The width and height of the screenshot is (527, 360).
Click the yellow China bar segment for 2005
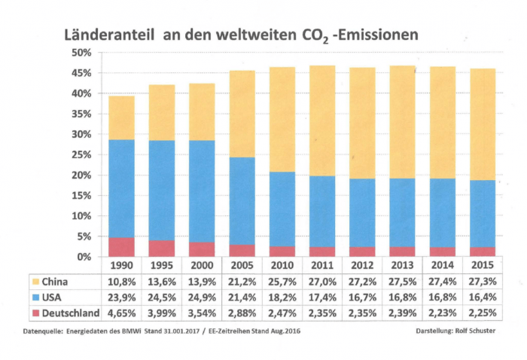click(x=242, y=114)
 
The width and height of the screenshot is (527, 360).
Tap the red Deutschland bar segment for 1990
click(x=120, y=247)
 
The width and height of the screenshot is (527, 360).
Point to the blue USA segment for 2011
click(x=322, y=211)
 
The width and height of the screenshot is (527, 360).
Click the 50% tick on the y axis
click(x=81, y=53)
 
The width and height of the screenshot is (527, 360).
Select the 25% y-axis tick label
click(x=81, y=155)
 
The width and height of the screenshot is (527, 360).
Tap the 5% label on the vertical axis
click(x=84, y=236)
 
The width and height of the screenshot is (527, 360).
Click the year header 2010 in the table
click(x=282, y=265)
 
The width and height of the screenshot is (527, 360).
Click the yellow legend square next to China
click(x=35, y=282)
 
